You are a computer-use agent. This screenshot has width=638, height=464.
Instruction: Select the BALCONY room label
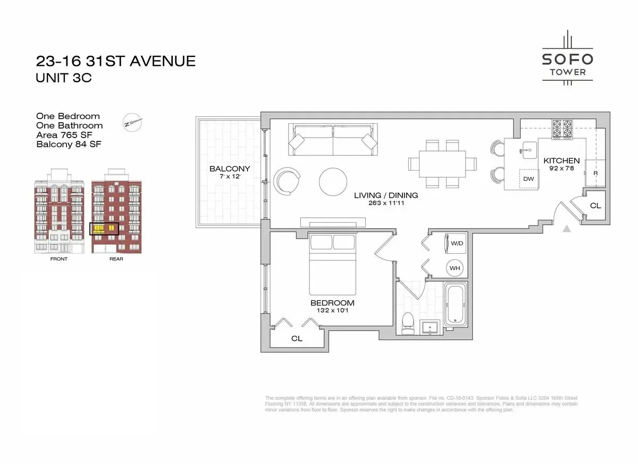pyautogui.click(x=230, y=169)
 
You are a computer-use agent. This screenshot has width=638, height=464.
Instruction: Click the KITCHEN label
pyautogui.click(x=561, y=161)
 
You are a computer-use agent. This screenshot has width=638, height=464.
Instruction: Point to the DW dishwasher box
pyautogui.click(x=528, y=179)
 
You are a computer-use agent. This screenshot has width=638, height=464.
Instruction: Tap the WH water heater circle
pyautogui.click(x=455, y=268)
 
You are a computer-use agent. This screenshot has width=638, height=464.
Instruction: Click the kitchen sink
pyautogui.click(x=528, y=150)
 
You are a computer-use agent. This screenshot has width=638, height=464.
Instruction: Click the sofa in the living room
pyautogui.click(x=333, y=139)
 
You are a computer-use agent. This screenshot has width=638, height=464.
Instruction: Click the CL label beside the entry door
pyautogui.click(x=595, y=205)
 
